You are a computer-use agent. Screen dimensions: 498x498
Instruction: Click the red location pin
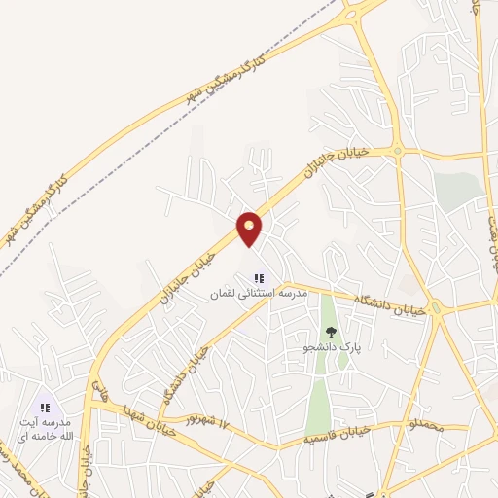coord(250,230)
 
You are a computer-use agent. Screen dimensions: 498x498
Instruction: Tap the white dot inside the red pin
coord(250,225)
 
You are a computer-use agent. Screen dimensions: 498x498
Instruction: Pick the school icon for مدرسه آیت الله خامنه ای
coord(43,407)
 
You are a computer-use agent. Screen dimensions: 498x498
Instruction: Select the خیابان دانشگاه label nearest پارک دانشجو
coord(389,303)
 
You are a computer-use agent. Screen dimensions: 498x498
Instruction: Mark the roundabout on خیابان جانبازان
coord(398,151)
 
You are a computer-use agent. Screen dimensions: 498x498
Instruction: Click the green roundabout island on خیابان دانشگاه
coord(437,309)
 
